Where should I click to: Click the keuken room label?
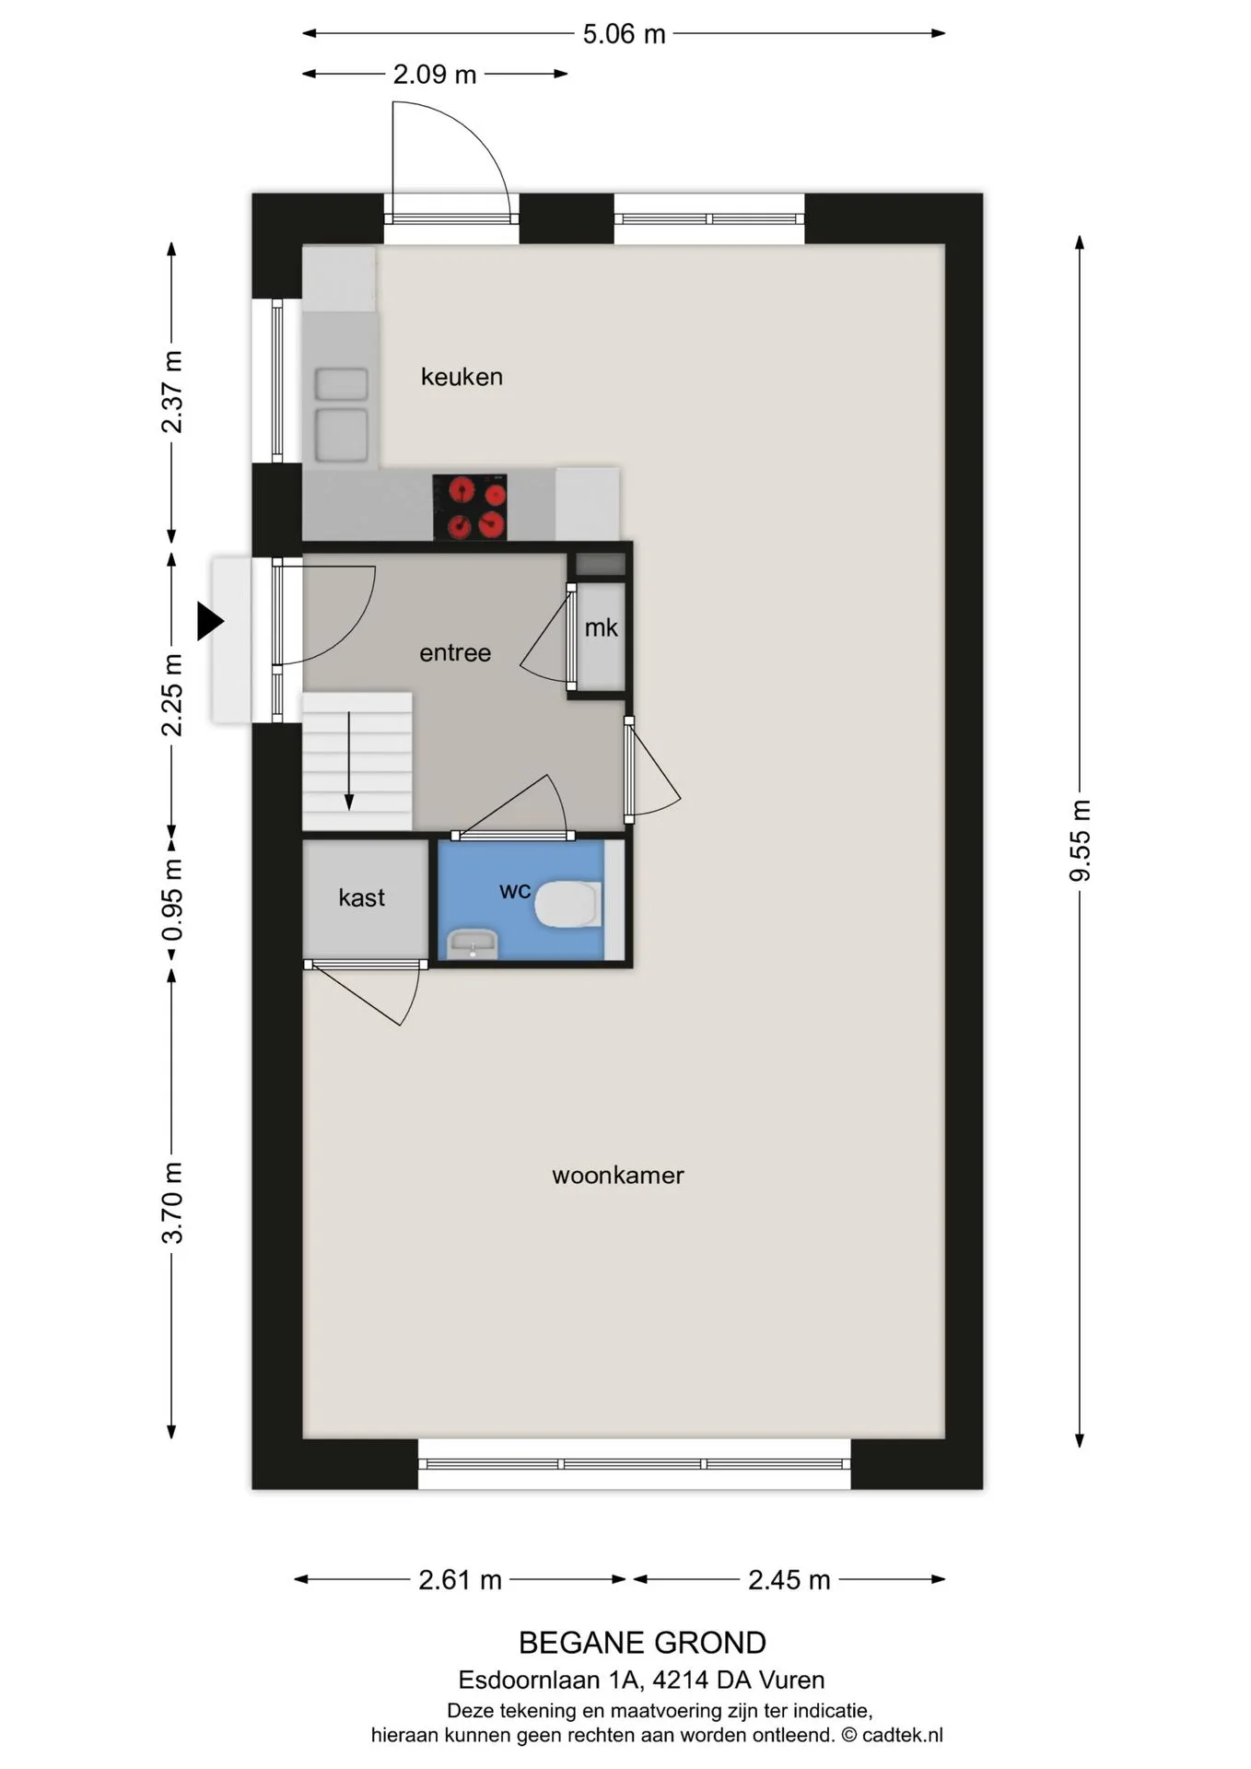462,377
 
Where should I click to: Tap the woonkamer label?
618,1176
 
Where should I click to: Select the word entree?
455,653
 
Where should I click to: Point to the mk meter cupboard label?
601,627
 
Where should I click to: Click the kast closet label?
361,897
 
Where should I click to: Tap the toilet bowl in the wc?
567,904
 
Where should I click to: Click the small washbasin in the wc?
473,944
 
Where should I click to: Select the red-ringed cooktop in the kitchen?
470,507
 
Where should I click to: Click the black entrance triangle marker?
210,621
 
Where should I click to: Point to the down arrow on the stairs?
349,761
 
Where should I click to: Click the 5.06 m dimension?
624,34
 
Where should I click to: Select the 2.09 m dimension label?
435,74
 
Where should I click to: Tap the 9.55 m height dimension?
1080,840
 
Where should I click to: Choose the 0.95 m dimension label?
172,900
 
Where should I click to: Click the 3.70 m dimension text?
172,1203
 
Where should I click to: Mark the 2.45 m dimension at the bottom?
789,1580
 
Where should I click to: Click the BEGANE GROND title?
642,1643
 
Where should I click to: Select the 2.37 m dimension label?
172,392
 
